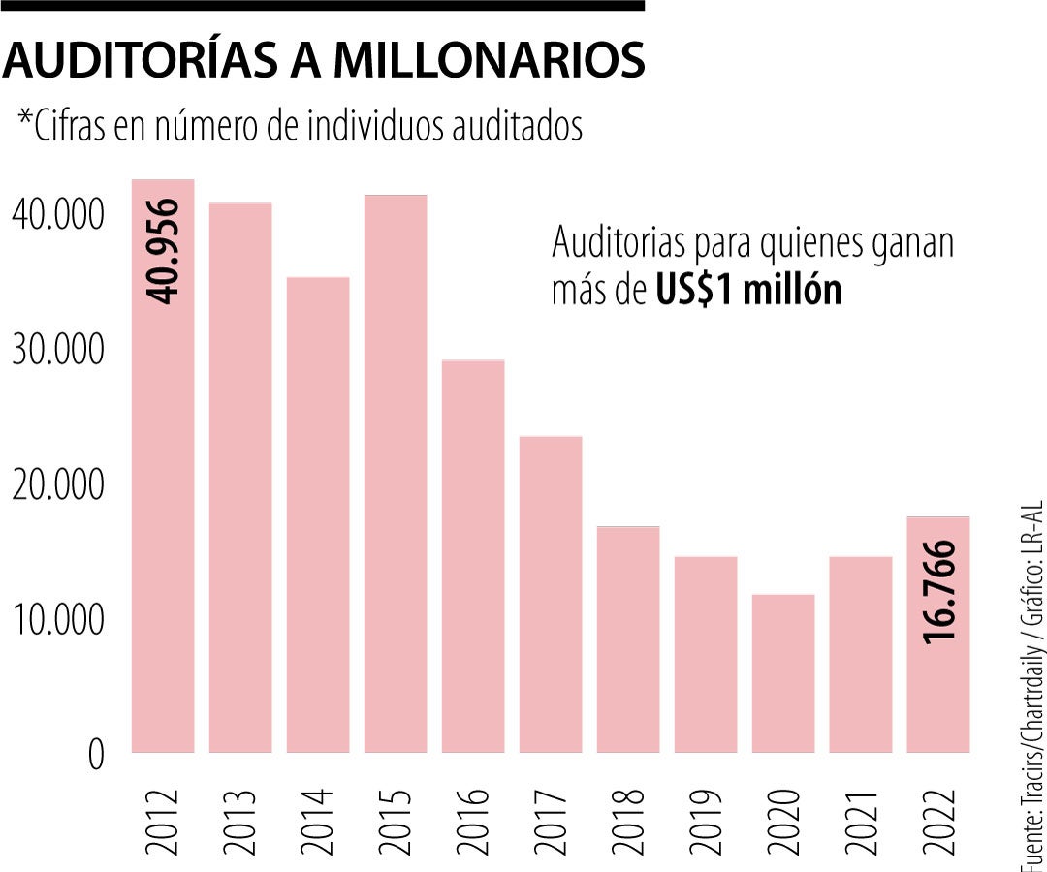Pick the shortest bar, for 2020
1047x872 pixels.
783,672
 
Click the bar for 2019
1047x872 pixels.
706,654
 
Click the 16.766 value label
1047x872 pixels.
939,590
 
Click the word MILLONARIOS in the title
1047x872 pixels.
489,60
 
